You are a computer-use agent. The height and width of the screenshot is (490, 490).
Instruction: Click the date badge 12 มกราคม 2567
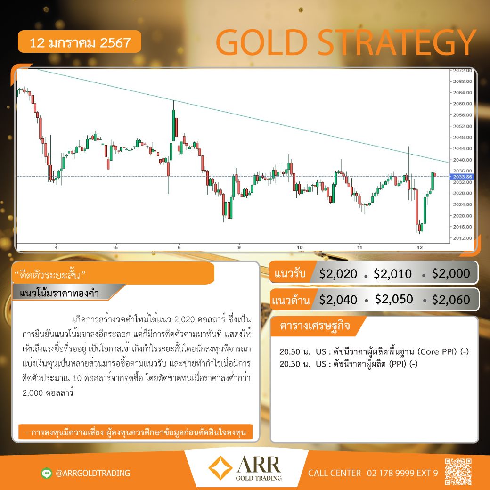(x=80, y=41)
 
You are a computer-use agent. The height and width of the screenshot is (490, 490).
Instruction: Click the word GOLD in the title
(x=261, y=42)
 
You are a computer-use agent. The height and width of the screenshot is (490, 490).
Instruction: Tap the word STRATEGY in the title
(x=397, y=42)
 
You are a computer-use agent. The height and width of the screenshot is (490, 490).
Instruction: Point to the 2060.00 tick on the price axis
(x=463, y=104)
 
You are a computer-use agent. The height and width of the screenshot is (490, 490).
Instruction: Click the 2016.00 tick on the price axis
(x=463, y=227)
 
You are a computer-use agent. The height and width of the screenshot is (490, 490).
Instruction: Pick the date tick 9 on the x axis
(x=239, y=247)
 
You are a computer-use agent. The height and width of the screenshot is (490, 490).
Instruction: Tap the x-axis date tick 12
(x=420, y=247)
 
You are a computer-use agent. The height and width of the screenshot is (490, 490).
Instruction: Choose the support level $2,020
(x=338, y=274)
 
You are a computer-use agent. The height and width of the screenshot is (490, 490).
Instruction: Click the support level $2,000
(x=451, y=273)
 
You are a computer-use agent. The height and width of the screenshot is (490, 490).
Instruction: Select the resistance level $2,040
(x=338, y=300)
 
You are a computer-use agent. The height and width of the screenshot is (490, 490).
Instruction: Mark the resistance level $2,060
(x=451, y=300)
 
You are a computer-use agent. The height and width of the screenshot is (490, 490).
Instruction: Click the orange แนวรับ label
(x=290, y=273)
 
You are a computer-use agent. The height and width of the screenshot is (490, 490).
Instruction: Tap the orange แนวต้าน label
(x=291, y=300)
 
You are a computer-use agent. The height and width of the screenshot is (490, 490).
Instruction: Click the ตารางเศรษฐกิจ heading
(x=315, y=326)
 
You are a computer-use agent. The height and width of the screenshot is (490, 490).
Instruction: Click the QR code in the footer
(x=458, y=472)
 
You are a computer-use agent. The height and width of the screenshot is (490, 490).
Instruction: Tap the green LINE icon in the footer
(x=47, y=473)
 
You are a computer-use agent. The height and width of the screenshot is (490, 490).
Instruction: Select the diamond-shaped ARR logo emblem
(x=220, y=468)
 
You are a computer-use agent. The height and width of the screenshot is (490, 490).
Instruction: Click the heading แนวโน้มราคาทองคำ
(x=59, y=293)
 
